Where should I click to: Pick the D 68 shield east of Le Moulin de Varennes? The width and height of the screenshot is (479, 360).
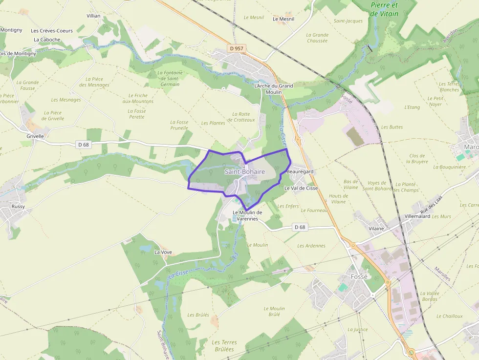(300, 227)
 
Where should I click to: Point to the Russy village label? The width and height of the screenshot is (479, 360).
(18, 207)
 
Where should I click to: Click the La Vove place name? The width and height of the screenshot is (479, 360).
(163, 252)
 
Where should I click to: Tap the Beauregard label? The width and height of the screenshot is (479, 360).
(300, 172)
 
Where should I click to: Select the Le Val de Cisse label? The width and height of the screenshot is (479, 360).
(301, 188)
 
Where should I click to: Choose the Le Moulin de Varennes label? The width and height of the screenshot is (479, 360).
(247, 215)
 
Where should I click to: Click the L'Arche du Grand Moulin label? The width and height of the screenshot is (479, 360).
(274, 88)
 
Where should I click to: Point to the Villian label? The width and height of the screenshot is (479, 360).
(93, 16)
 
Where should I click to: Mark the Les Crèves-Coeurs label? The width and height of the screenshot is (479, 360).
(52, 30)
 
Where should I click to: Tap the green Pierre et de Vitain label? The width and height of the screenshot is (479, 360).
(384, 9)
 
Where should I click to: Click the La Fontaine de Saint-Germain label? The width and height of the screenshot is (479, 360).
(170, 78)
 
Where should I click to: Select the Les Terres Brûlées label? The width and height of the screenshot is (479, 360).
(224, 346)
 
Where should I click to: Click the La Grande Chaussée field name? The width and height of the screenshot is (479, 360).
(317, 38)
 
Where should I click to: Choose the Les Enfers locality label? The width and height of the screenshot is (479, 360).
(288, 206)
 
